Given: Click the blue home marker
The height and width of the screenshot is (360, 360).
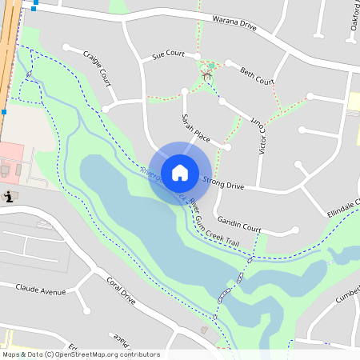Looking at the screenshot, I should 180,172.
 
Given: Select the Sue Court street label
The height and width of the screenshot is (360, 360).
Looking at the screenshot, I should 168,55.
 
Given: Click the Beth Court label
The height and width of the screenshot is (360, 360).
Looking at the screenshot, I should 257,76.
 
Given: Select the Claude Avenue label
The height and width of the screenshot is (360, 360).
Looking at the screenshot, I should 40,289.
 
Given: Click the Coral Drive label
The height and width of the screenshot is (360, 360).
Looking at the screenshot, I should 121,291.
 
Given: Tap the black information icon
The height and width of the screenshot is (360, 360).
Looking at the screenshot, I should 8,196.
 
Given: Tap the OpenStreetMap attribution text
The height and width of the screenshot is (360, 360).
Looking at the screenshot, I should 80,354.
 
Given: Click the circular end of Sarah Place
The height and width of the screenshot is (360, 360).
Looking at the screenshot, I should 228,148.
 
